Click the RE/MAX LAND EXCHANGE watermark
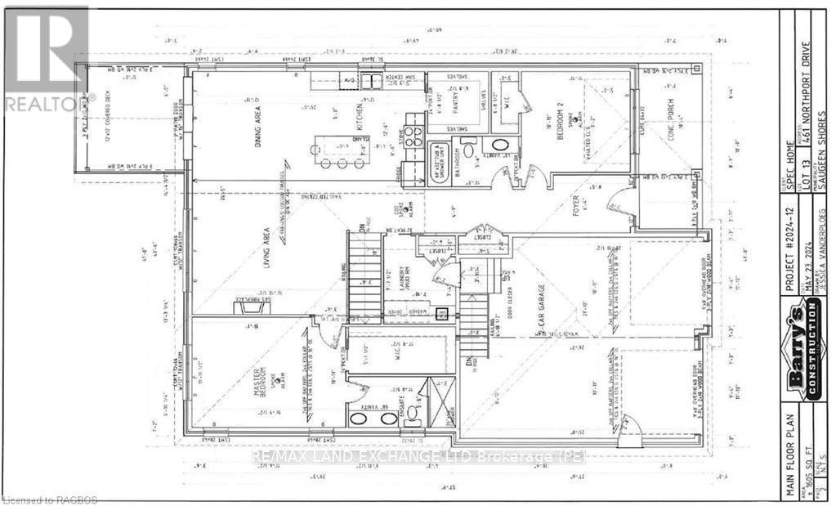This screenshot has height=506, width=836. (x=418, y=457)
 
